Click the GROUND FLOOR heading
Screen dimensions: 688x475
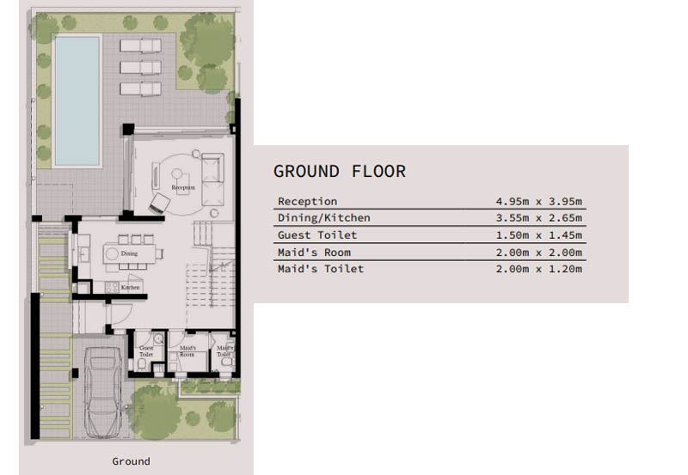[x=339, y=171]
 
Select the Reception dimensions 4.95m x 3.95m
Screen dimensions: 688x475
[x=539, y=202]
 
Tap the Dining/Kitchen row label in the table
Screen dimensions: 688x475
[x=324, y=218]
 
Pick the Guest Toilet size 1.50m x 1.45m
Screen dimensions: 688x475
[x=539, y=235]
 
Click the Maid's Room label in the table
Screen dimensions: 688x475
[x=314, y=253]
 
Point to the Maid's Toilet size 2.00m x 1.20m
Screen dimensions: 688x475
[x=539, y=269]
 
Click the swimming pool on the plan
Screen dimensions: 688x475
[x=77, y=100]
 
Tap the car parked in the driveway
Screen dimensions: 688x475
[x=103, y=393]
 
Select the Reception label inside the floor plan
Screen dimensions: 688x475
[x=183, y=187]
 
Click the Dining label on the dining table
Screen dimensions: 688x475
[x=129, y=253]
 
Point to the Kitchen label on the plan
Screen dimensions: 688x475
[x=131, y=288]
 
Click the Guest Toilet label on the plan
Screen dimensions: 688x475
[x=146, y=351]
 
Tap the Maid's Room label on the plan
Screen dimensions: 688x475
[x=187, y=351]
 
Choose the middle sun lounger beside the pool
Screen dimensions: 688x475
[x=140, y=68]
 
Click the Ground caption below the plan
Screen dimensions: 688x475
[x=131, y=461]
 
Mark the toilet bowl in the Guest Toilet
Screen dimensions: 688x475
[x=142, y=364]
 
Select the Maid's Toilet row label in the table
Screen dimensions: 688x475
[x=321, y=269]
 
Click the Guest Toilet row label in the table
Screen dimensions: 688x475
[x=317, y=235]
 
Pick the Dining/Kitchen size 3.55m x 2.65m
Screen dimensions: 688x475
[x=539, y=218]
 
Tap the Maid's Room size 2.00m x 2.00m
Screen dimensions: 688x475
[x=539, y=253]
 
